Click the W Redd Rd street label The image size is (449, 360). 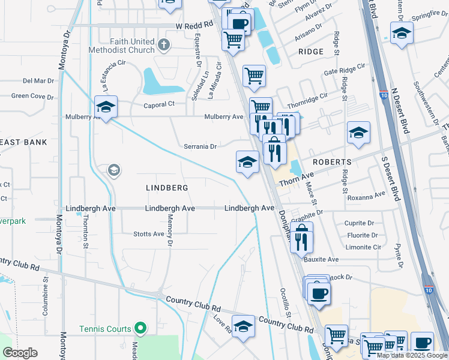[194, 25]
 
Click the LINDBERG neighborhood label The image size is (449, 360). [167, 188]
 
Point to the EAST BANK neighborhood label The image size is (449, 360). [23, 142]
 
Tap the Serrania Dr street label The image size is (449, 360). [200, 146]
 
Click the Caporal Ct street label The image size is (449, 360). [158, 104]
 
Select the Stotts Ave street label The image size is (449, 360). [148, 234]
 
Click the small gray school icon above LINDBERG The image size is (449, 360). [113, 172]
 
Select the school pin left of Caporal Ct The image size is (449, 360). [106, 107]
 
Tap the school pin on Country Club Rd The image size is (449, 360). [243, 326]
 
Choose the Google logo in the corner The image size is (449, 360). [20, 353]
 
